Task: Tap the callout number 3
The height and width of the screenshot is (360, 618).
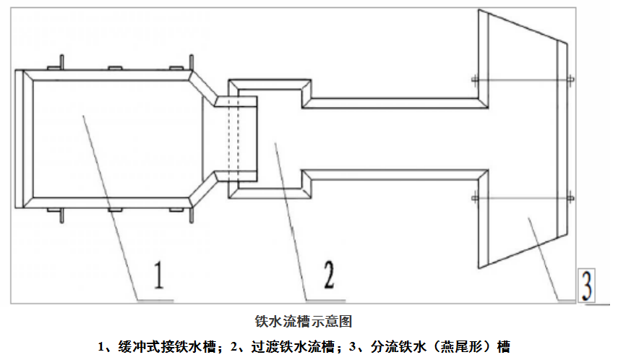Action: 588,285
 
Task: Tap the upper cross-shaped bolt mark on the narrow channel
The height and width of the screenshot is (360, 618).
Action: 473,78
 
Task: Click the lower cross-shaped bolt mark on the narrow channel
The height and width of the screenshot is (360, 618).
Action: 473,197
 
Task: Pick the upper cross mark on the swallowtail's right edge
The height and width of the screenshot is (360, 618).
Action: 570,78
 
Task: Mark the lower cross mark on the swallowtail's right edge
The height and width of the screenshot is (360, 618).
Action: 570,196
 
